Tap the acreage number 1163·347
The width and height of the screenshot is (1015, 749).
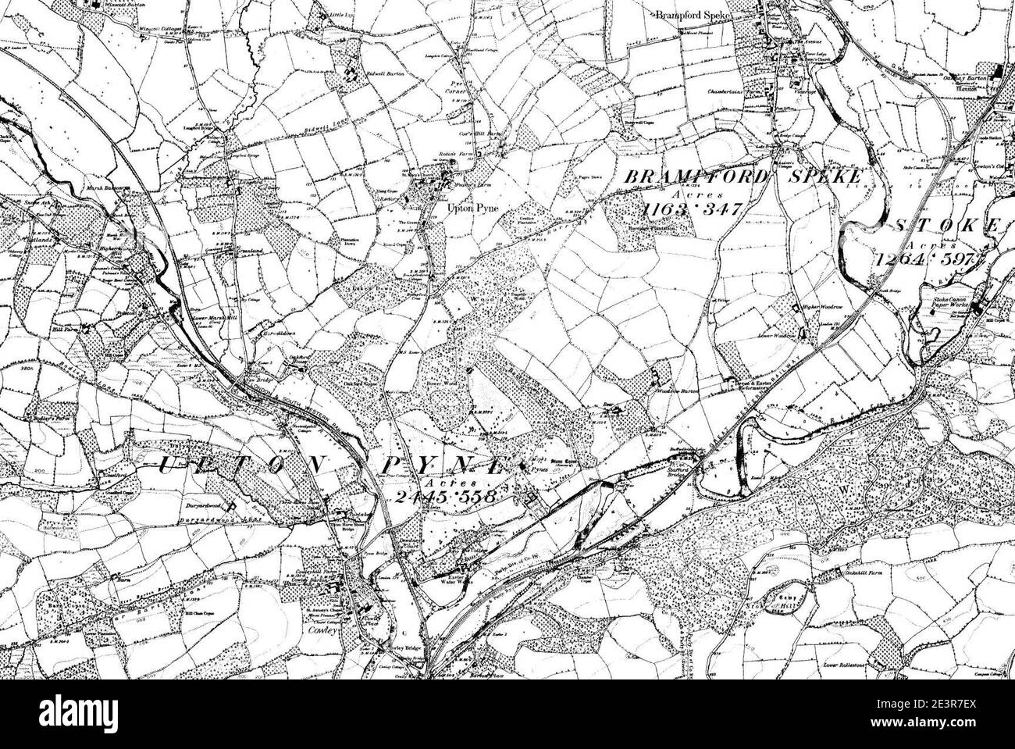(x=692, y=209)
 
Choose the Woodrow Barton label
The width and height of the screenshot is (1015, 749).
(x=678, y=390)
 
